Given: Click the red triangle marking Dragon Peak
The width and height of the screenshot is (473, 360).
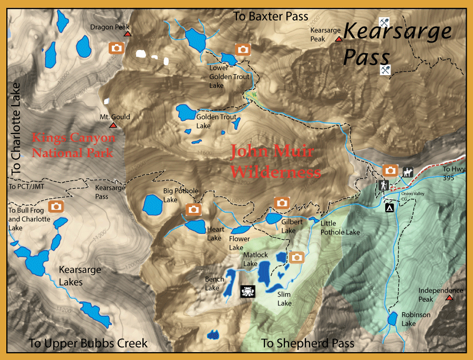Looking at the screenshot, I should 127,35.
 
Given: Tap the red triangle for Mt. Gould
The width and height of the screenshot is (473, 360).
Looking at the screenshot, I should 112,126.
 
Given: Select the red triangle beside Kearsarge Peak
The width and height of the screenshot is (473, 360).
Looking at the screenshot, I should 339,39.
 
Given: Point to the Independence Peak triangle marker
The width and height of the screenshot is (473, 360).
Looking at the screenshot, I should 449,298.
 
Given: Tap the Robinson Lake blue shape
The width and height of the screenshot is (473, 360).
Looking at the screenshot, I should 392,318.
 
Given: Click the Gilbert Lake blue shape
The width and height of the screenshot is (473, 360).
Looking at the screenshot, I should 274,218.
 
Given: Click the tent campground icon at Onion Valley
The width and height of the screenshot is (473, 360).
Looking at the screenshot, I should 390,208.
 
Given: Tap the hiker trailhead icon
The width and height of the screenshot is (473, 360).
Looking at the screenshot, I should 383,186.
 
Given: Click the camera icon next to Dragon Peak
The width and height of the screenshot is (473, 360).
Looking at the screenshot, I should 116,48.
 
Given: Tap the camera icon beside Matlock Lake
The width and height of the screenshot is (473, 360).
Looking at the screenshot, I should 297,257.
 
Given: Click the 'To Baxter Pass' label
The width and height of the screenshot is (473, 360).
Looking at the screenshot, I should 271,17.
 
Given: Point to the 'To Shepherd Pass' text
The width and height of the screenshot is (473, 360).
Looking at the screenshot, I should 307,344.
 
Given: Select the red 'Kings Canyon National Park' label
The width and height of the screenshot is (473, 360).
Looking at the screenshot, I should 73,146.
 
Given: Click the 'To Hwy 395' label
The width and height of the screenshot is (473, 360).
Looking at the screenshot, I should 453,173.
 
